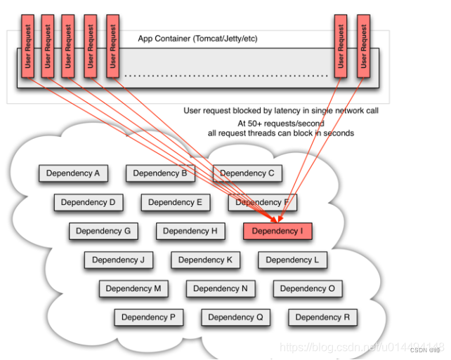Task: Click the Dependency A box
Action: pyautogui.click(x=73, y=173)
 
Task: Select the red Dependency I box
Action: pyautogui.click(x=277, y=231)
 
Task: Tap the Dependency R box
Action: pyautogui.click(x=322, y=317)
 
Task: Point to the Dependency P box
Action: pyautogui.click(x=148, y=317)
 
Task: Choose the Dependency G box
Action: pyautogui.click(x=103, y=231)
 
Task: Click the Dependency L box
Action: pyautogui.click(x=293, y=260)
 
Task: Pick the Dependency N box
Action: pyautogui.click(x=221, y=288)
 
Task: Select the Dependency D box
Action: pyautogui.click(x=89, y=202)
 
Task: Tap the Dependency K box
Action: pyautogui.click(x=205, y=260)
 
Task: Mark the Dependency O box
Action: pyautogui.click(x=308, y=288)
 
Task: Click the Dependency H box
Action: pyautogui.click(x=190, y=231)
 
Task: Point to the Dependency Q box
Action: pyautogui.click(x=235, y=317)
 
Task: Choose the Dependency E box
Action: pyautogui.click(x=176, y=202)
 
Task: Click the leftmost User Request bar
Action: pyautogui.click(x=27, y=46)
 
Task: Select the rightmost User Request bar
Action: pyautogui.click(x=363, y=46)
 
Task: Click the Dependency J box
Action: pyautogui.click(x=118, y=260)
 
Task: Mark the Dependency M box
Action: pyautogui.click(x=133, y=288)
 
